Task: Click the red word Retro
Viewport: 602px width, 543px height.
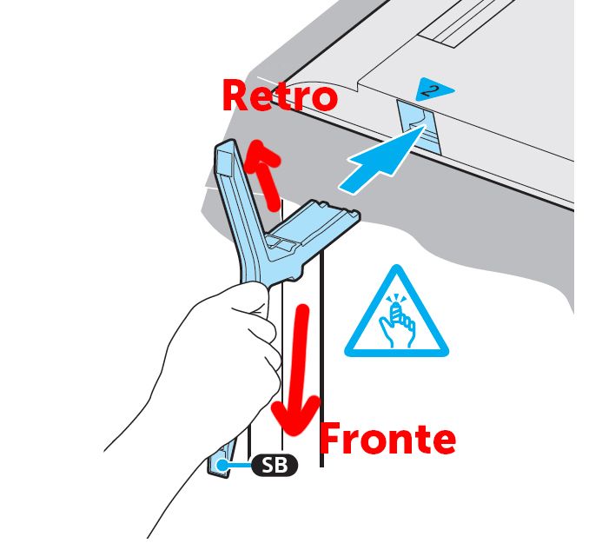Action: coord(280,96)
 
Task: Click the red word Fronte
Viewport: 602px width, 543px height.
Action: coord(387,438)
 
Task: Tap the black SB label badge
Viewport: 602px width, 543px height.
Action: coord(275,465)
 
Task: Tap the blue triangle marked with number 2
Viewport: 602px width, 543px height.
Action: coord(434,89)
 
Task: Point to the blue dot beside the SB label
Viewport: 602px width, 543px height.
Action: coord(222,465)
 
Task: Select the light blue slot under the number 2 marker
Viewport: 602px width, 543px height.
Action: coord(419,127)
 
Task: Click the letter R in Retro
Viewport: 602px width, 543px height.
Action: coord(235,96)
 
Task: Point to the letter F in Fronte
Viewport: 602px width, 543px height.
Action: coord(330,438)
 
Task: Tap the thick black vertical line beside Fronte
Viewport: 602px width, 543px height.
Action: coord(321,357)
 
